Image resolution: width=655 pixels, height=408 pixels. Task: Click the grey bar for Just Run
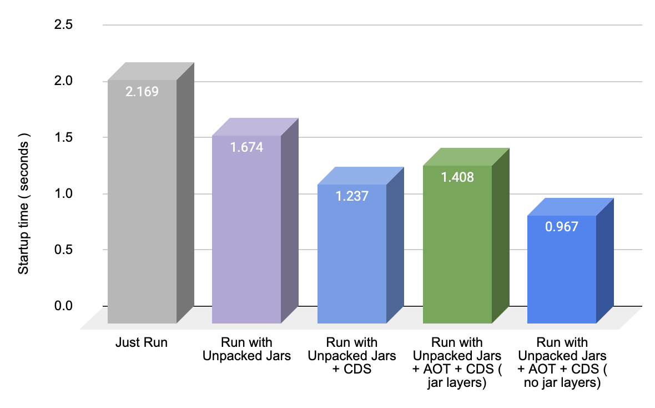pyautogui.click(x=142, y=211)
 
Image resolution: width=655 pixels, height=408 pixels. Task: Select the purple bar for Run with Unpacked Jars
pyautogui.click(x=246, y=233)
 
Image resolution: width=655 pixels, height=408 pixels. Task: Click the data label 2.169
pyautogui.click(x=142, y=92)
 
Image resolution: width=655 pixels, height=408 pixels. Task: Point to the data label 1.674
pyautogui.click(x=246, y=147)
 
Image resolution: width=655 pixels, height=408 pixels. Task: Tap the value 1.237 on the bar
pyautogui.click(x=352, y=196)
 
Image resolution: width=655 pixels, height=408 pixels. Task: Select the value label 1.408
pyautogui.click(x=457, y=177)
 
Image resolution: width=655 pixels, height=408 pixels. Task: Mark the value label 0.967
pyautogui.click(x=561, y=227)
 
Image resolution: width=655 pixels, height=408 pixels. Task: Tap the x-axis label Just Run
pyautogui.click(x=142, y=342)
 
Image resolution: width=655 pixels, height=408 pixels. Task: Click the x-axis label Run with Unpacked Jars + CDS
pyautogui.click(x=352, y=356)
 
